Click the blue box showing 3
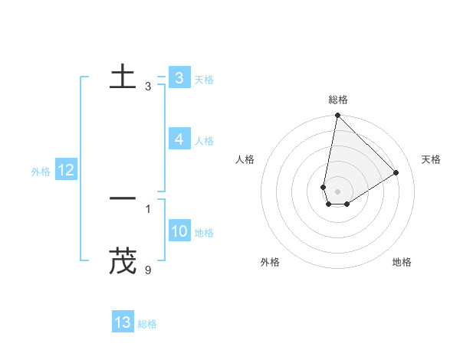coord(179,78)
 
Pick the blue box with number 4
coord(179,139)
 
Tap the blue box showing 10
coord(179,231)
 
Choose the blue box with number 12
coord(65,170)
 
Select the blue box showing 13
coord(123,322)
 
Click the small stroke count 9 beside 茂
coord(148,270)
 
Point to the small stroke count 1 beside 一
coord(148,208)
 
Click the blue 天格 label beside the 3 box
coord(204,80)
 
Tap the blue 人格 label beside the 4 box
coord(204,141)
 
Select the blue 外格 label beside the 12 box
coord(41,172)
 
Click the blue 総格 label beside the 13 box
coord(147,324)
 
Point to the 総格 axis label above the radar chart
coord(337,100)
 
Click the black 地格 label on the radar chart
coord(402,262)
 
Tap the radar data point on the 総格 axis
coord(337,116)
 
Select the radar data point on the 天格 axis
coord(396,172)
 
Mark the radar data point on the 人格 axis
coord(324,187)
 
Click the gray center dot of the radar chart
coord(337,191)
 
